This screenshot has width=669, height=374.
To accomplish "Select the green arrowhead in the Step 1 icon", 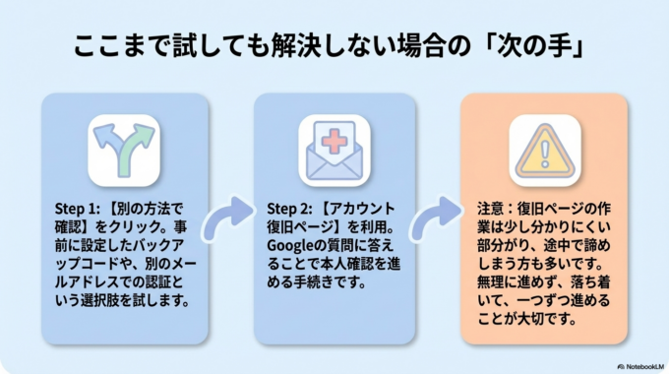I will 142,134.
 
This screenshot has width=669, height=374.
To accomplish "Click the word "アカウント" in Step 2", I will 362,209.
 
